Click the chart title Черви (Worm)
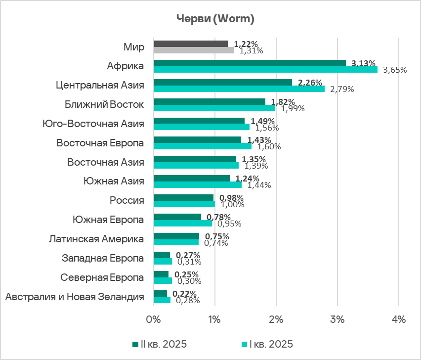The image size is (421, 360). click(x=215, y=19)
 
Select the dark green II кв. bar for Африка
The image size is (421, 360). click(x=250, y=63)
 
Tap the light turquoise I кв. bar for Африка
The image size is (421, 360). click(x=265, y=69)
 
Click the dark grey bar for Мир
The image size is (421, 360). click(x=191, y=44)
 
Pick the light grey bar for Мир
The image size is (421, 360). click(x=194, y=50)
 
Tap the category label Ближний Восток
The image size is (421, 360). click(x=104, y=104)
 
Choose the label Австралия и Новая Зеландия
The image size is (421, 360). click(x=74, y=297)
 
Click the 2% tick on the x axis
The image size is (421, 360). click(x=276, y=319)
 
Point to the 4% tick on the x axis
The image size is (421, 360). click(x=398, y=319)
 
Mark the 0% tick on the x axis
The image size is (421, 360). click(x=154, y=319)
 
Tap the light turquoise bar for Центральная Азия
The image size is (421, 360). click(x=239, y=89)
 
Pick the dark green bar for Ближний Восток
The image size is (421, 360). click(x=210, y=101)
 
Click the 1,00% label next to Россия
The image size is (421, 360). click(x=231, y=204)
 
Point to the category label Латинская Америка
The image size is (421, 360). click(x=96, y=239)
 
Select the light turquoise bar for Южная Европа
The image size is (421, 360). click(x=183, y=223)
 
